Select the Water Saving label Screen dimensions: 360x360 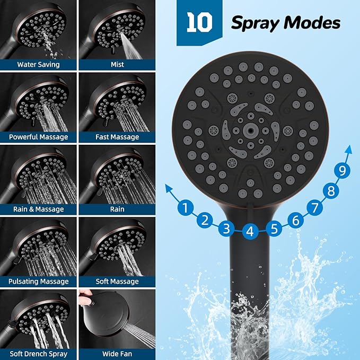(x=38, y=65)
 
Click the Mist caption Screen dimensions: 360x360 (x=117, y=65)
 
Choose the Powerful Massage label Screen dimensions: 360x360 (x=38, y=137)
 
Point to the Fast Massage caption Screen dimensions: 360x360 (x=117, y=137)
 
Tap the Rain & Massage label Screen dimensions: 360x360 (x=38, y=209)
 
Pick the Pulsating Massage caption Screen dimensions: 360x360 (x=38, y=282)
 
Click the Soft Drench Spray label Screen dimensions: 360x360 (x=38, y=354)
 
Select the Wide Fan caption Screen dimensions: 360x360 (x=117, y=354)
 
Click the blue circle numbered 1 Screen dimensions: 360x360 (x=185, y=208)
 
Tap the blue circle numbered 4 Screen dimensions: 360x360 (x=251, y=231)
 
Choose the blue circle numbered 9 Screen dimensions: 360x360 (x=344, y=171)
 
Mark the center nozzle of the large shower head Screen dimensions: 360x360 (x=249, y=129)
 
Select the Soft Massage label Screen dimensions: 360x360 (x=117, y=282)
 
